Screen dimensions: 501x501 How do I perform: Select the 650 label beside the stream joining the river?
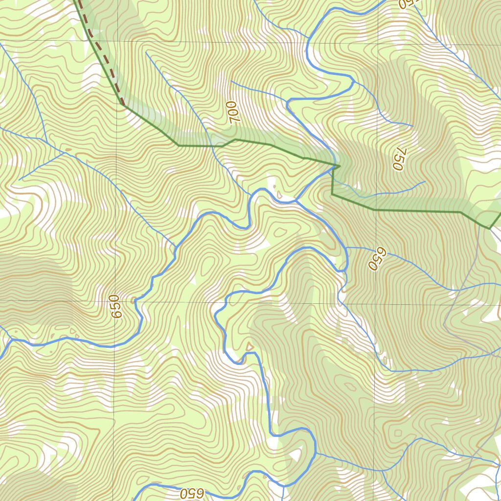(377, 258)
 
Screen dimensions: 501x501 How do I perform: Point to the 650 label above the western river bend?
(115, 307)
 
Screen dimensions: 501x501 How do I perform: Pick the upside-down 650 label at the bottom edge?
(191, 493)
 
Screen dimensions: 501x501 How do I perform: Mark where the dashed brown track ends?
(122, 104)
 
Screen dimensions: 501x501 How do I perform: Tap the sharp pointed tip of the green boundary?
(340, 166)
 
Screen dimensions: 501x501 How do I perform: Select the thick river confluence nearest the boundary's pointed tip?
(296, 201)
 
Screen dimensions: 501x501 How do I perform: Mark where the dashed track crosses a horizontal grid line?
(91, 40)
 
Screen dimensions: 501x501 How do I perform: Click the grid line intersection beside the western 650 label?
(116, 300)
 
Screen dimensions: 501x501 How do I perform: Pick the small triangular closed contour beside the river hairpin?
(250, 347)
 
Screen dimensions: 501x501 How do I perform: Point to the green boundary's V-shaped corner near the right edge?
(490, 228)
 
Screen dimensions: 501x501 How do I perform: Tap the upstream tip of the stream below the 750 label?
(425, 182)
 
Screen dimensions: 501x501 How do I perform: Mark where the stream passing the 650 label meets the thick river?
(346, 248)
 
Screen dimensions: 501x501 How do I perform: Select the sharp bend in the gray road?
(444, 324)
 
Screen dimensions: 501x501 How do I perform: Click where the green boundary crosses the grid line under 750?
(376, 210)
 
